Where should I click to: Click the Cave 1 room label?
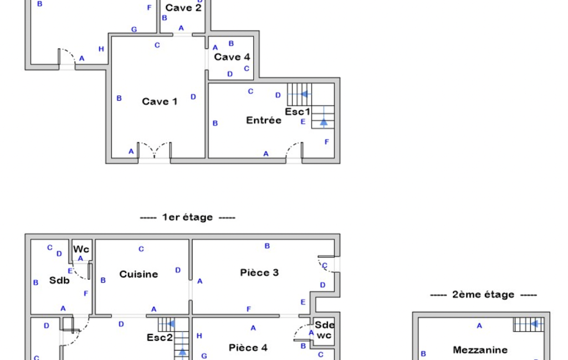(x=160, y=101)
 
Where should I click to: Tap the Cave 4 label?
(x=232, y=57)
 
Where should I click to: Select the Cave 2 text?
(x=183, y=8)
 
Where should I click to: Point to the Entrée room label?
(x=264, y=120)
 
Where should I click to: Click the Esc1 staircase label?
(x=298, y=111)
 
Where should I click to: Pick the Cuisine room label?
(x=139, y=274)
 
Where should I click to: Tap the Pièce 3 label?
(x=259, y=272)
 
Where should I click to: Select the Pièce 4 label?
(x=248, y=348)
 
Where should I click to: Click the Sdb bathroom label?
(x=59, y=280)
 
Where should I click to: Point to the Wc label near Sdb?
(x=81, y=249)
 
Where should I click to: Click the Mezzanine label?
(x=480, y=350)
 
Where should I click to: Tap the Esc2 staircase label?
(x=160, y=337)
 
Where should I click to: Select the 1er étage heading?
(x=188, y=217)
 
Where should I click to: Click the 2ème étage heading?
(x=484, y=295)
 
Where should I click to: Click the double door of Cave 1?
(x=154, y=150)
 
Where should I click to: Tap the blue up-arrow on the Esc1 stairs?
(x=324, y=122)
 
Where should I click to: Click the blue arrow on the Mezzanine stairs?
(x=534, y=324)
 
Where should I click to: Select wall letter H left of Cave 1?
(x=101, y=49)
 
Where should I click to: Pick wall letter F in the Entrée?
(x=327, y=142)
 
